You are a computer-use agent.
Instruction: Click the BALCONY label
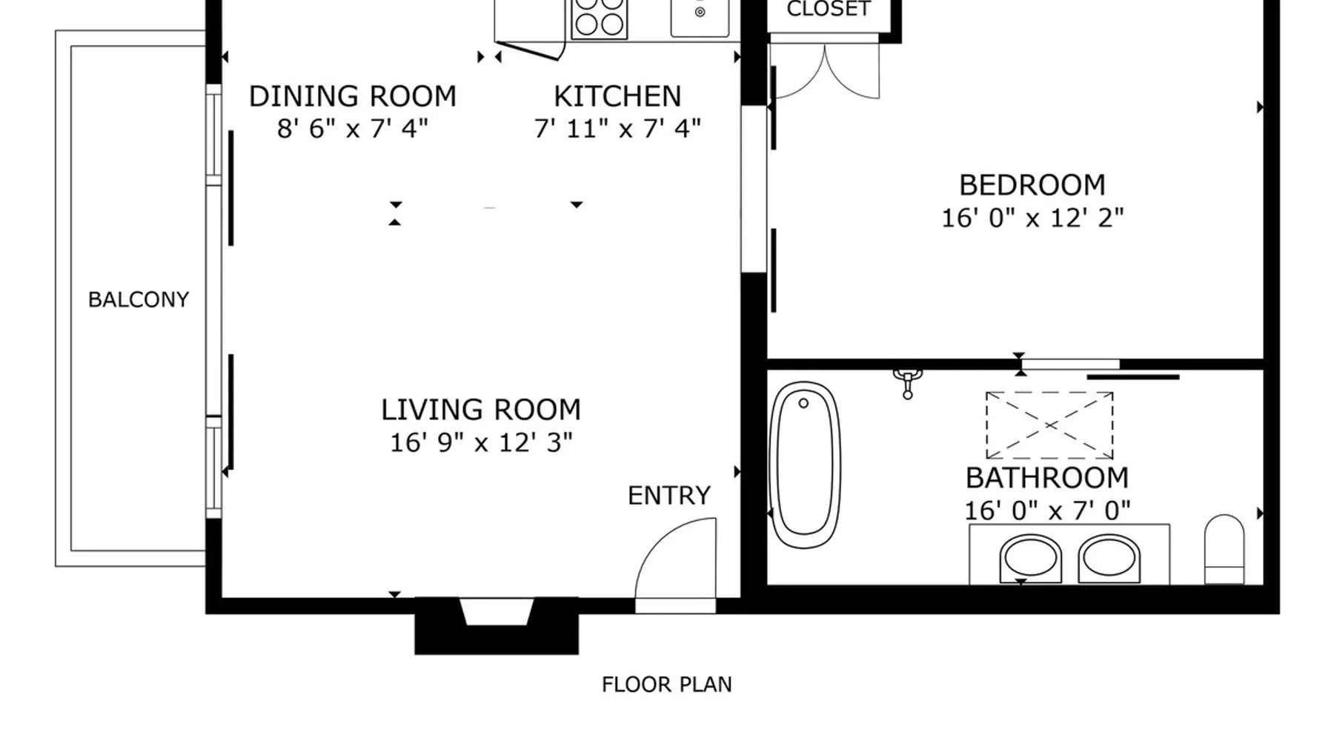pos(139,299)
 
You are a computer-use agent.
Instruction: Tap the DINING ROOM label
pos(353,96)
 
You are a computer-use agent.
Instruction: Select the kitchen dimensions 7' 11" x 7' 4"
pos(617,129)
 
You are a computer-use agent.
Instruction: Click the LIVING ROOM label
pos(481,410)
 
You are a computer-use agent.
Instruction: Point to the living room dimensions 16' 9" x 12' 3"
pos(481,442)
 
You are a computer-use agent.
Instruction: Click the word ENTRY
pos(669,496)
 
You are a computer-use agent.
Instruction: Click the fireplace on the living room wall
pos(497,625)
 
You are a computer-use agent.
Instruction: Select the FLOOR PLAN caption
pos(667,685)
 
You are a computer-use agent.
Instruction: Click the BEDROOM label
pos(1032,185)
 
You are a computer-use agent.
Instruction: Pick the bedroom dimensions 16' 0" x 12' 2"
pos(1032,218)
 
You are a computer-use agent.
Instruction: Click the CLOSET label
pos(829,9)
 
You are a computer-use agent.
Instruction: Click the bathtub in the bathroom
pos(805,465)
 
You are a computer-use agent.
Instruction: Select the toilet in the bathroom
pos(1224,549)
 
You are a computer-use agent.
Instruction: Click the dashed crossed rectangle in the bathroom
pos(1049,425)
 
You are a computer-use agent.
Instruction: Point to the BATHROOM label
pos(1047,478)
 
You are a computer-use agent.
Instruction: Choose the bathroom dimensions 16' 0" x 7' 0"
pos(1047,511)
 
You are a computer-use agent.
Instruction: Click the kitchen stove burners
pos(600,16)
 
